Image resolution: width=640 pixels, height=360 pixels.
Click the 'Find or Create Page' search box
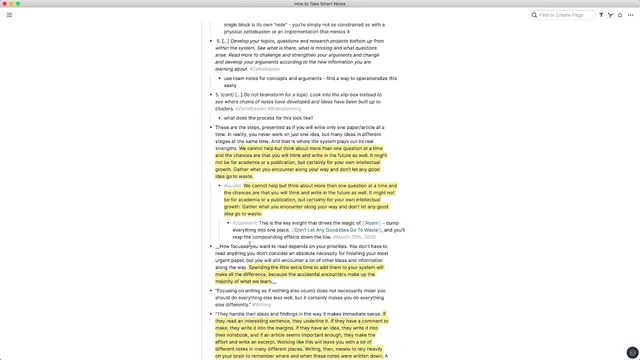tap(566, 15)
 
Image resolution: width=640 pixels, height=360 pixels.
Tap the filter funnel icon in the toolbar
tap(601, 15)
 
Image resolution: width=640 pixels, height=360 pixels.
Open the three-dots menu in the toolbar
tap(631, 15)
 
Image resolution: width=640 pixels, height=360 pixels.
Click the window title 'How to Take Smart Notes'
tap(320, 4)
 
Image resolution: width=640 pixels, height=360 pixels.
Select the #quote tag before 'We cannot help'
tap(232, 185)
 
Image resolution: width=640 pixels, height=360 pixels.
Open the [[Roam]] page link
tap(369, 222)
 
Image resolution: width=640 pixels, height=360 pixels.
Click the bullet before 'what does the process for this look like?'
tap(219, 117)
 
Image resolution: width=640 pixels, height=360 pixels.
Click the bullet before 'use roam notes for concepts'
tap(219, 77)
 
